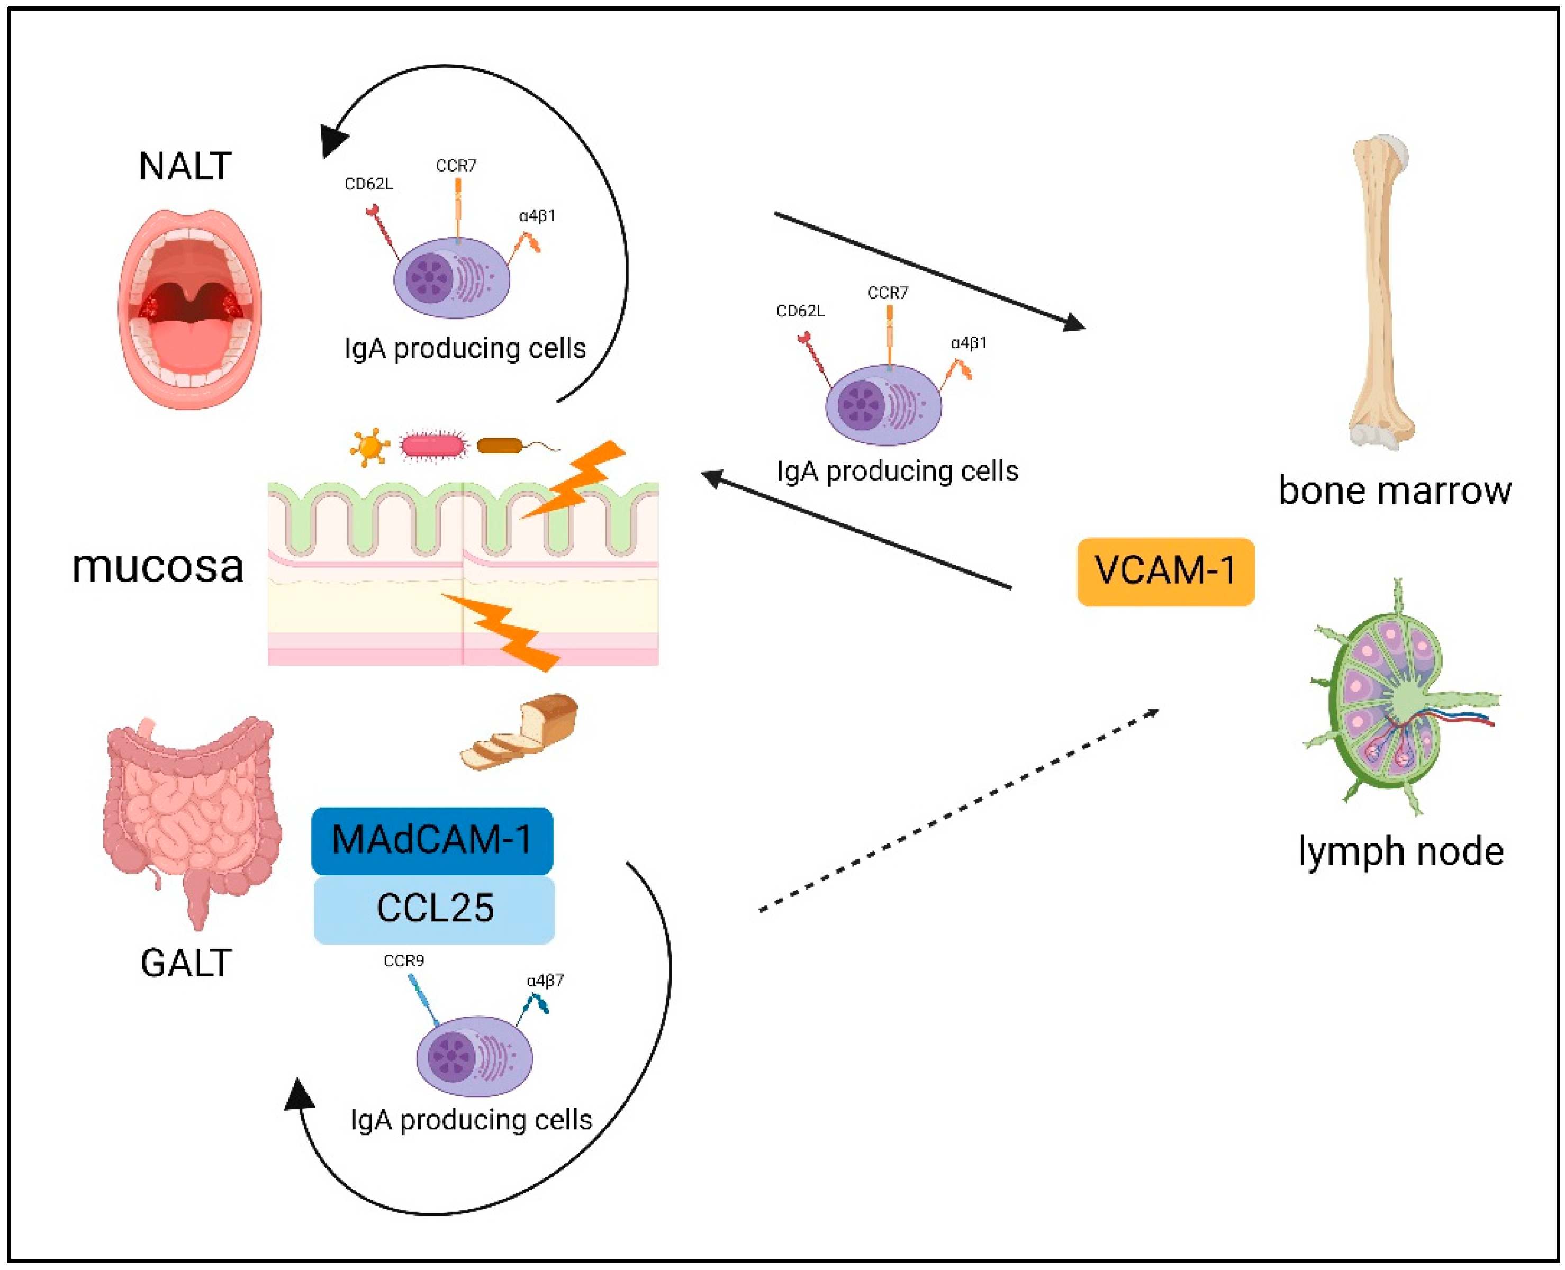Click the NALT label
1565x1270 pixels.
pyautogui.click(x=185, y=167)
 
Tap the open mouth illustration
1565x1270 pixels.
pyautogui.click(x=189, y=309)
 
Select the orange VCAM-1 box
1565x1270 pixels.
pyautogui.click(x=1165, y=571)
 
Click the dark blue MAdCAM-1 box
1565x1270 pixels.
pyautogui.click(x=432, y=840)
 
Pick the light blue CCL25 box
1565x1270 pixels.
pyautogui.click(x=434, y=909)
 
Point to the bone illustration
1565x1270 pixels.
pyautogui.click(x=1381, y=293)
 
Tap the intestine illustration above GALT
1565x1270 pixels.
pyautogui.click(x=192, y=812)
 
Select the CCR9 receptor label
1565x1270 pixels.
pyautogui.click(x=404, y=960)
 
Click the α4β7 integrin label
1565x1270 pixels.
pyautogui.click(x=545, y=981)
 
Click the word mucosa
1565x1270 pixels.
pyautogui.click(x=158, y=567)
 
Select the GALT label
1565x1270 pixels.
pyautogui.click(x=186, y=963)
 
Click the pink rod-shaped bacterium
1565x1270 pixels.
pyautogui.click(x=434, y=446)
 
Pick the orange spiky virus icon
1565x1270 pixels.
pyautogui.click(x=369, y=446)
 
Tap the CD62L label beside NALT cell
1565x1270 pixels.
pyautogui.click(x=369, y=184)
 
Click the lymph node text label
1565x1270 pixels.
pyautogui.click(x=1400, y=851)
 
